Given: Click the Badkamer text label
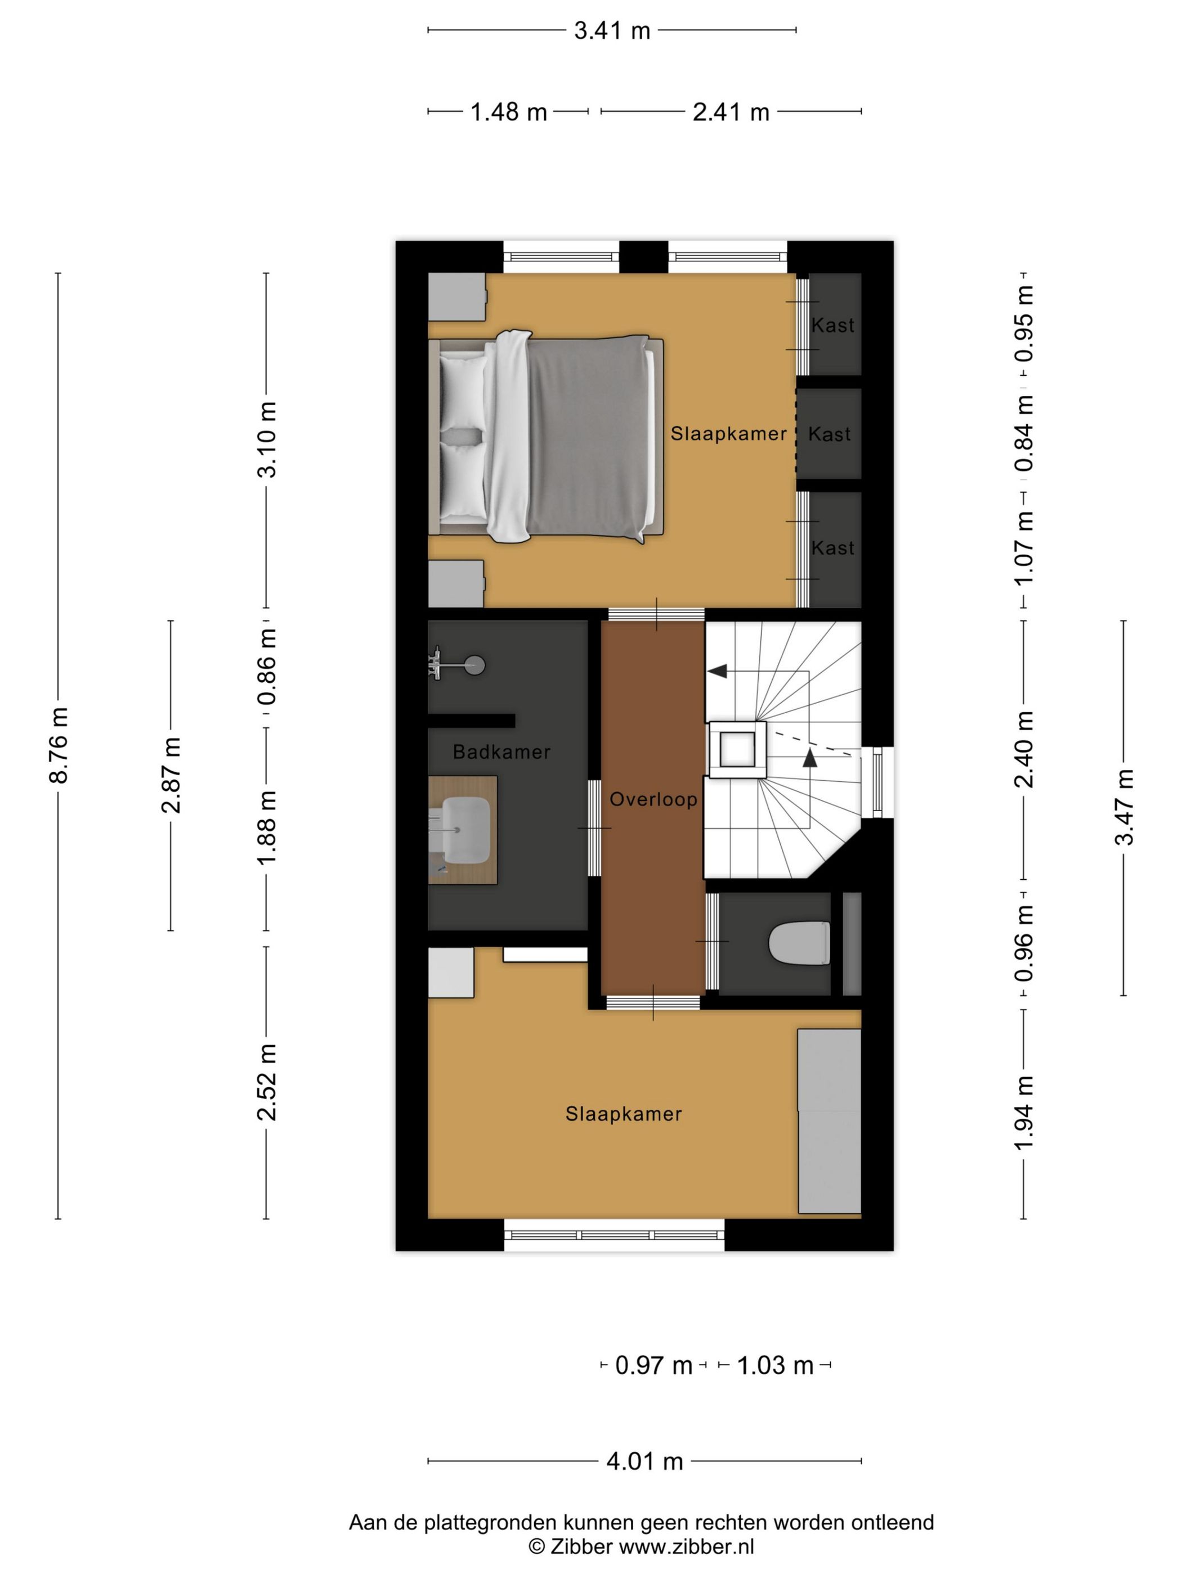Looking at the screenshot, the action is point(502,752).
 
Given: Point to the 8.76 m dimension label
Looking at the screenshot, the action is point(59,745).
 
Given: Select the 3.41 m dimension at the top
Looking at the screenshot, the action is point(612,30).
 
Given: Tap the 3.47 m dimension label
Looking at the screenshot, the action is point(1123,807).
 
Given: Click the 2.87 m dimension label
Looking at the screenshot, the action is point(171,775).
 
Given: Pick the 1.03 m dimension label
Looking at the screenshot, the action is point(774,1365).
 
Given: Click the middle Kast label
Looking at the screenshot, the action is point(829,434).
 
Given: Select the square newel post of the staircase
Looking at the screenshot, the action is point(737,750).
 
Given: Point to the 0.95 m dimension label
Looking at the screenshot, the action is point(1024,323).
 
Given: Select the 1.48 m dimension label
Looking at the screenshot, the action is point(508,112).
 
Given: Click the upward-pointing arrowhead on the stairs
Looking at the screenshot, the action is point(810,758).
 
